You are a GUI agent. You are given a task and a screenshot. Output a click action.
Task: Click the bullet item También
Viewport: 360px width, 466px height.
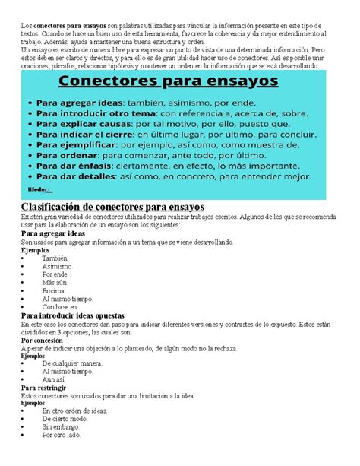tap(55, 258)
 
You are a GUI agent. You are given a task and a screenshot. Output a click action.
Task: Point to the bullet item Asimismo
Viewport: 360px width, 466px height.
tap(57, 267)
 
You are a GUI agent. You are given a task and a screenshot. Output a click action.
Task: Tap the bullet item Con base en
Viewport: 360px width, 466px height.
tap(59, 307)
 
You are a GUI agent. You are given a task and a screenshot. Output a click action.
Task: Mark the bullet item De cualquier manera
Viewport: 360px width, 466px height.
tap(72, 363)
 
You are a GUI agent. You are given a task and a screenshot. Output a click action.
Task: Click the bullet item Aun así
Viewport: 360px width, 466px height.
tap(55, 379)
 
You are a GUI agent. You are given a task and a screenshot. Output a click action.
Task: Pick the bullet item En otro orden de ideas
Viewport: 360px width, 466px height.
tap(75, 411)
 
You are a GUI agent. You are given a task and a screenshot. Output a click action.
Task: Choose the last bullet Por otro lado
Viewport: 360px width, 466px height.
tap(62, 436)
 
